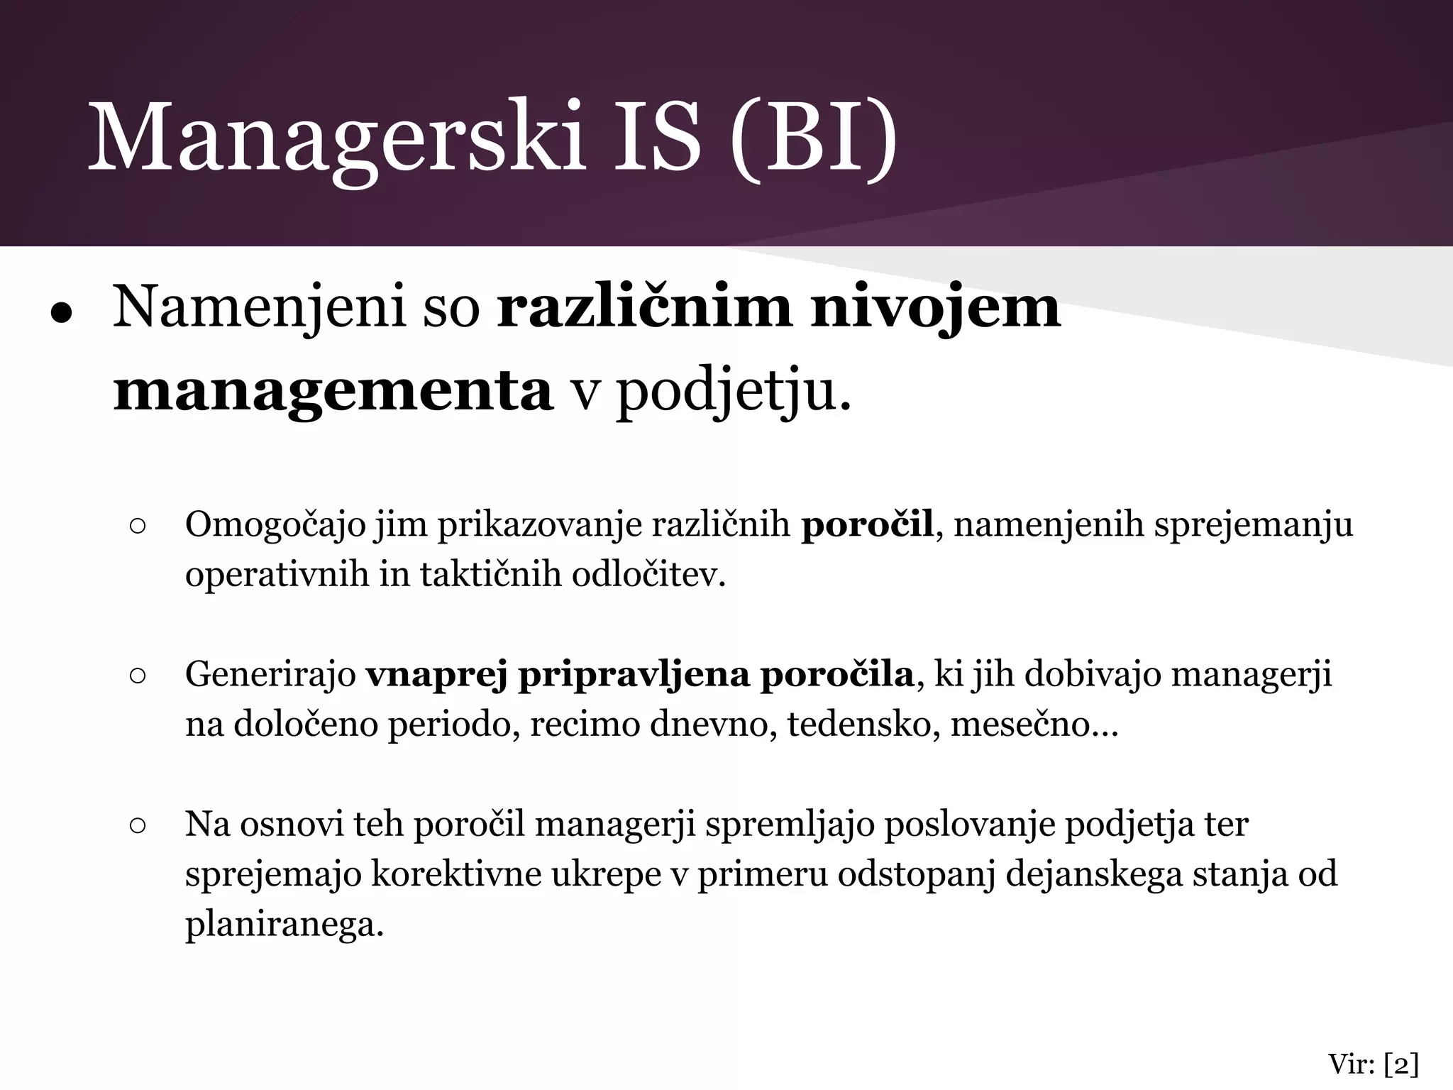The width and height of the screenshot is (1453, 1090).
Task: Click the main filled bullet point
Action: click(x=62, y=313)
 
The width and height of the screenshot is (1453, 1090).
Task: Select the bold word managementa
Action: click(x=333, y=390)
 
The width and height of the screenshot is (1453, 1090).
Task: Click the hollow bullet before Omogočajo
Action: click(x=138, y=527)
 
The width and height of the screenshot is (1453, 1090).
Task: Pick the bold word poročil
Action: click(x=867, y=525)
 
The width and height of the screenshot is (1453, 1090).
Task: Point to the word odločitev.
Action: click(x=649, y=574)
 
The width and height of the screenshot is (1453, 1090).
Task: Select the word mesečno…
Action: click(x=1033, y=725)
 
